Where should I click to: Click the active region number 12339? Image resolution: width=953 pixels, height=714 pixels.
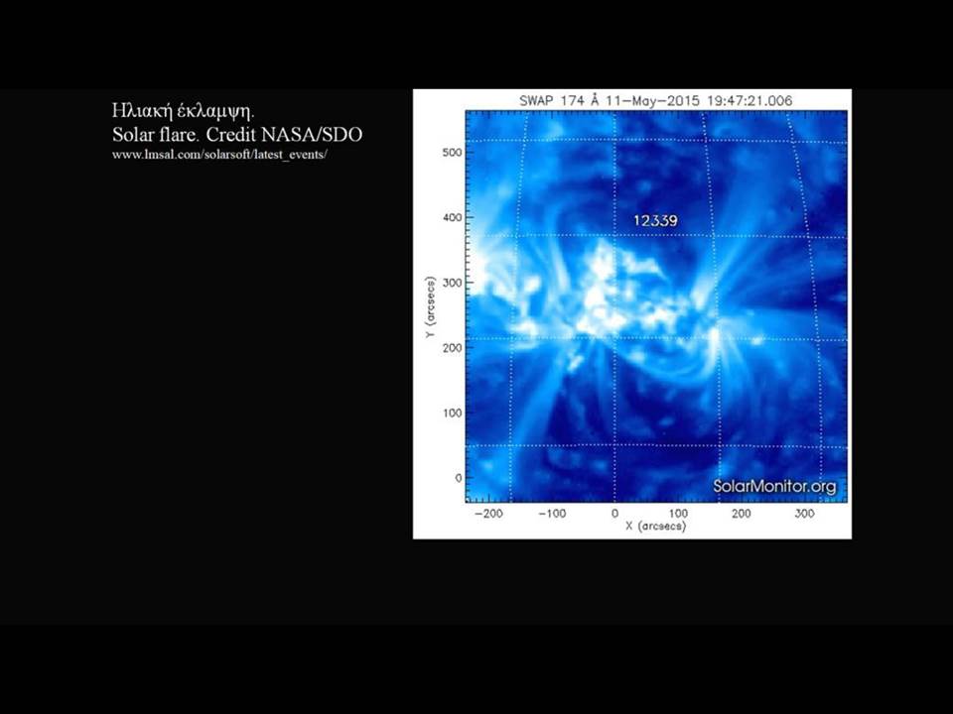(x=655, y=220)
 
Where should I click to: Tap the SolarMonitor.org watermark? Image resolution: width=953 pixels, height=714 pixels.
(x=774, y=486)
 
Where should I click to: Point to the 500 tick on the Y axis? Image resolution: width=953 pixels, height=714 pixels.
(x=453, y=153)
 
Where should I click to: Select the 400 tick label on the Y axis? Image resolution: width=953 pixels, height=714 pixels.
(x=453, y=217)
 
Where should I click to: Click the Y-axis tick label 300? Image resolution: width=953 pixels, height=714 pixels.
(x=453, y=283)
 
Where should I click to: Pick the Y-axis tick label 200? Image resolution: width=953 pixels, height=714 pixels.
(x=453, y=348)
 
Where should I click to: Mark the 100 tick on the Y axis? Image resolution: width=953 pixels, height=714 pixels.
(x=453, y=413)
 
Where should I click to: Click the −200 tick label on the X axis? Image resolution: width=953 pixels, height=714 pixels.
(x=488, y=514)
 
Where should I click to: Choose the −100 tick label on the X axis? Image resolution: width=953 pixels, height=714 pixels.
(x=552, y=514)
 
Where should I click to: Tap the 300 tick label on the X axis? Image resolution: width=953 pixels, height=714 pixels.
(x=804, y=514)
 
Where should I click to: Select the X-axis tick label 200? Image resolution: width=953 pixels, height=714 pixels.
(x=741, y=514)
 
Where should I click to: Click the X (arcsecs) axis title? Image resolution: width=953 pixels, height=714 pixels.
(x=656, y=526)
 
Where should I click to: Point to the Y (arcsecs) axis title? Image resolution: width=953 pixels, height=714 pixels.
(x=430, y=307)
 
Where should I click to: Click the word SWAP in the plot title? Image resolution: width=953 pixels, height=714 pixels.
(x=536, y=101)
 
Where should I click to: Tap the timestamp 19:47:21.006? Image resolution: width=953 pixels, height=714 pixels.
(x=750, y=101)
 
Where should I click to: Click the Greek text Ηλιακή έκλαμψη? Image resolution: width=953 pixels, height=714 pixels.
(x=183, y=111)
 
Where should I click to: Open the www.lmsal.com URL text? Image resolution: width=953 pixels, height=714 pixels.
(x=219, y=155)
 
